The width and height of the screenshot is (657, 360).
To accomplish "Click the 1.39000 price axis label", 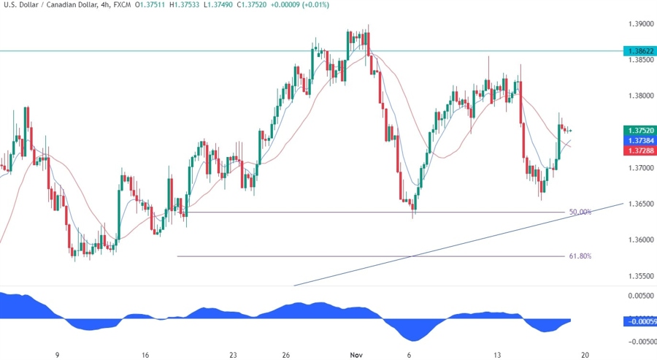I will [x=640, y=24].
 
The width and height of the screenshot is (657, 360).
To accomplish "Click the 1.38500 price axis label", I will [x=640, y=60].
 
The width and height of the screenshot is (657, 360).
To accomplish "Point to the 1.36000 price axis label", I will [x=640, y=240].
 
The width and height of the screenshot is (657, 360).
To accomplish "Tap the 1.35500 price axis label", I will [x=640, y=276].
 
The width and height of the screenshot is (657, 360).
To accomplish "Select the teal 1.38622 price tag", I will [x=639, y=51].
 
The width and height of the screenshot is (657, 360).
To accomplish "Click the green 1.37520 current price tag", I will [x=639, y=130].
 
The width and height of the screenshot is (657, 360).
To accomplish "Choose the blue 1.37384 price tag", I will [x=639, y=139].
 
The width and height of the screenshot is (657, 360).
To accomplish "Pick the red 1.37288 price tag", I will [x=639, y=150].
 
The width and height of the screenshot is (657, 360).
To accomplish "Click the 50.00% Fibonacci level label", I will [x=580, y=212].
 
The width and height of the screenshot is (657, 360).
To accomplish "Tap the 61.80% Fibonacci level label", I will [x=580, y=256].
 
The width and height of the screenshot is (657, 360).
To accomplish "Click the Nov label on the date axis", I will [x=356, y=355].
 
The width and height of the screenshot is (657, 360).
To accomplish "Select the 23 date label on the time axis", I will [x=233, y=355].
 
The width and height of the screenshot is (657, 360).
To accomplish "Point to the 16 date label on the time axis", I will [x=146, y=355].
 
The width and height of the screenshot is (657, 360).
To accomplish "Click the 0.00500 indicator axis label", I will [x=640, y=296].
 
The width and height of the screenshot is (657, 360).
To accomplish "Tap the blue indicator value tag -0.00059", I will [x=639, y=321].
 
